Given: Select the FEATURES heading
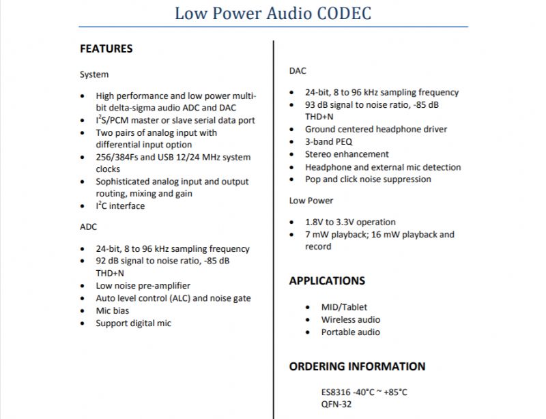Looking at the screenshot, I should pyautogui.click(x=106, y=49).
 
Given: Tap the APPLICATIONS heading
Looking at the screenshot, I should pyautogui.click(x=327, y=280).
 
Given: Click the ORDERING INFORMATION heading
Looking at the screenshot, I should pyautogui.click(x=357, y=366).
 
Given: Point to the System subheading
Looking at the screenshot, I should pyautogui.click(x=94, y=74).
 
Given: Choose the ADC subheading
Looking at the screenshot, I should pyautogui.click(x=88, y=227).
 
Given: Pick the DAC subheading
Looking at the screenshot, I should pyautogui.click(x=298, y=71).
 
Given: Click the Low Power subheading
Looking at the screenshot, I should pyautogui.click(x=311, y=201).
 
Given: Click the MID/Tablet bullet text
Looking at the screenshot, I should pyautogui.click(x=344, y=307).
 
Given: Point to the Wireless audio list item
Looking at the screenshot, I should pyautogui.click(x=351, y=319).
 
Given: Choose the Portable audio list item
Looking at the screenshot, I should pyautogui.click(x=351, y=332).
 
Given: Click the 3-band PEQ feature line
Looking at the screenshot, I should pyautogui.click(x=329, y=142).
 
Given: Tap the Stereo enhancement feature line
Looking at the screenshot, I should pyautogui.click(x=347, y=154).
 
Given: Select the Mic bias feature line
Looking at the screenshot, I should pyautogui.click(x=113, y=310).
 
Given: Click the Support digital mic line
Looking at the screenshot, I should pyautogui.click(x=133, y=323).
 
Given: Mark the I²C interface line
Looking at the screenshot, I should pyautogui.click(x=120, y=206).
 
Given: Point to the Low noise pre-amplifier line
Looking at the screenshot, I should pyautogui.click(x=143, y=286).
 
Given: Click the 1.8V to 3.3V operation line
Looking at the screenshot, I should pyautogui.click(x=350, y=222).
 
